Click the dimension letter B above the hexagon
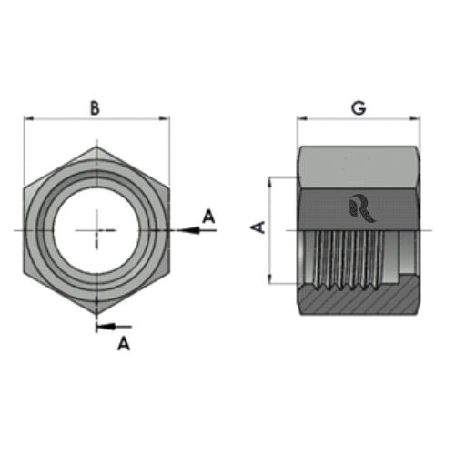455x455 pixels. click(x=95, y=107)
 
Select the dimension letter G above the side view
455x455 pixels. click(x=359, y=107)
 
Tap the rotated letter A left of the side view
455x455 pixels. click(x=258, y=227)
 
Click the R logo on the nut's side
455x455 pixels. click(x=357, y=208)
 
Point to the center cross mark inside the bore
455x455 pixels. click(x=96, y=230)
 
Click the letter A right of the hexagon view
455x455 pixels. click(x=207, y=216)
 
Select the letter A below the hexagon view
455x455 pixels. click(x=123, y=343)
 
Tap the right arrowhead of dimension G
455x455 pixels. click(x=419, y=118)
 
